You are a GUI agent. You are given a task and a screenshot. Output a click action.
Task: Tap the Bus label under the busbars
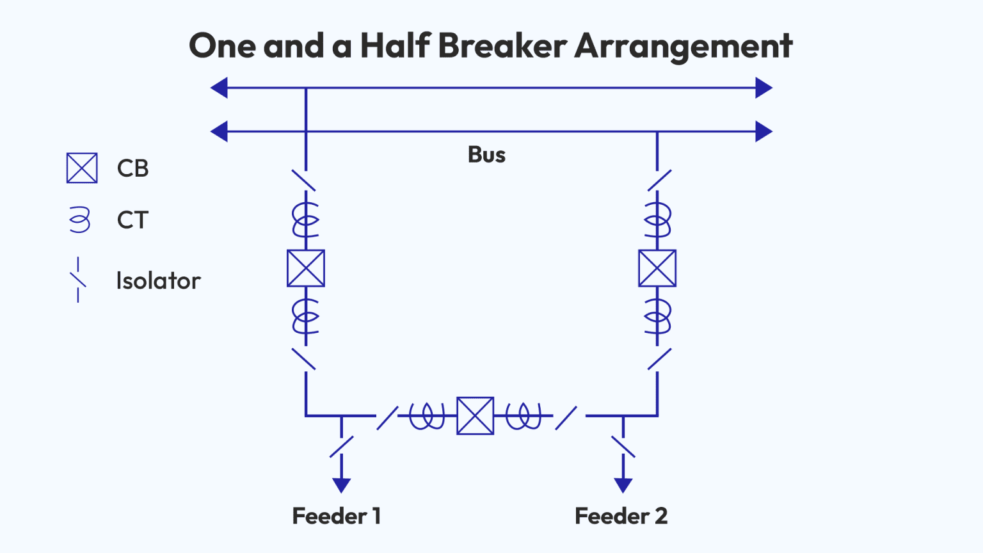pyautogui.click(x=486, y=155)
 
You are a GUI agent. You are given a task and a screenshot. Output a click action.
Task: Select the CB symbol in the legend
pyautogui.click(x=82, y=168)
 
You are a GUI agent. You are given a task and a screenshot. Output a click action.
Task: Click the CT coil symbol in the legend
pyautogui.click(x=80, y=220)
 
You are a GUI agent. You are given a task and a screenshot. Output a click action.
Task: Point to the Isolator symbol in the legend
pyautogui.click(x=78, y=280)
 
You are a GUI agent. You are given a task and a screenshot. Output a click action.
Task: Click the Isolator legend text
pyautogui.click(x=158, y=281)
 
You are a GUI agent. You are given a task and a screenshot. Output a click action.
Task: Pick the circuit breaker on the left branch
pyautogui.click(x=306, y=268)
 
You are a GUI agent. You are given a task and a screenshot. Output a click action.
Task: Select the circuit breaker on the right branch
pyautogui.click(x=657, y=268)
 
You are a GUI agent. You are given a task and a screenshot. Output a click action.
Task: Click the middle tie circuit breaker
pyautogui.click(x=475, y=416)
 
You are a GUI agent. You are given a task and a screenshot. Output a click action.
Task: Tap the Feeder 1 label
pyautogui.click(x=337, y=516)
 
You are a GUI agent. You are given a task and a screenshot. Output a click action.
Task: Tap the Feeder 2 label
pyautogui.click(x=621, y=516)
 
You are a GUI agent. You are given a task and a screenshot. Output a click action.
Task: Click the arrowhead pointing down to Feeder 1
pyautogui.click(x=342, y=485)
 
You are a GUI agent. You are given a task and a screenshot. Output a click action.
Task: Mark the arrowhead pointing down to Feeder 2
pyautogui.click(x=623, y=485)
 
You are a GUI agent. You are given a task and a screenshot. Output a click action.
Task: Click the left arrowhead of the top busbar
pyautogui.click(x=220, y=88)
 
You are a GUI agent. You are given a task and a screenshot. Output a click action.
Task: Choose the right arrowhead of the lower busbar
pyautogui.click(x=763, y=132)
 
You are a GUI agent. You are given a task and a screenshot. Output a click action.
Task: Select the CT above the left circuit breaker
pyautogui.click(x=306, y=219)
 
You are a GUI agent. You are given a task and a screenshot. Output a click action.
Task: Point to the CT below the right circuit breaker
pyautogui.click(x=657, y=316)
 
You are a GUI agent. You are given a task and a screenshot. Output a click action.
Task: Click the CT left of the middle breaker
pyautogui.click(x=427, y=416)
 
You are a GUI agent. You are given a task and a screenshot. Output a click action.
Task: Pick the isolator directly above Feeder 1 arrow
pyautogui.click(x=342, y=446)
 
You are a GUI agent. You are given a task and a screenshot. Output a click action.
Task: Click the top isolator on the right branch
pyautogui.click(x=659, y=180)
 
